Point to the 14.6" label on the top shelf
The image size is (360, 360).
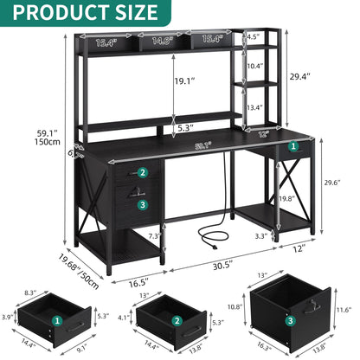click(161, 39)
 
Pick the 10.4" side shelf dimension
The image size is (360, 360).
click(279, 66)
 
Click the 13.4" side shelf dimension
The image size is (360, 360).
click(279, 107)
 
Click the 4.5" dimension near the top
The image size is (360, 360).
click(277, 37)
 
